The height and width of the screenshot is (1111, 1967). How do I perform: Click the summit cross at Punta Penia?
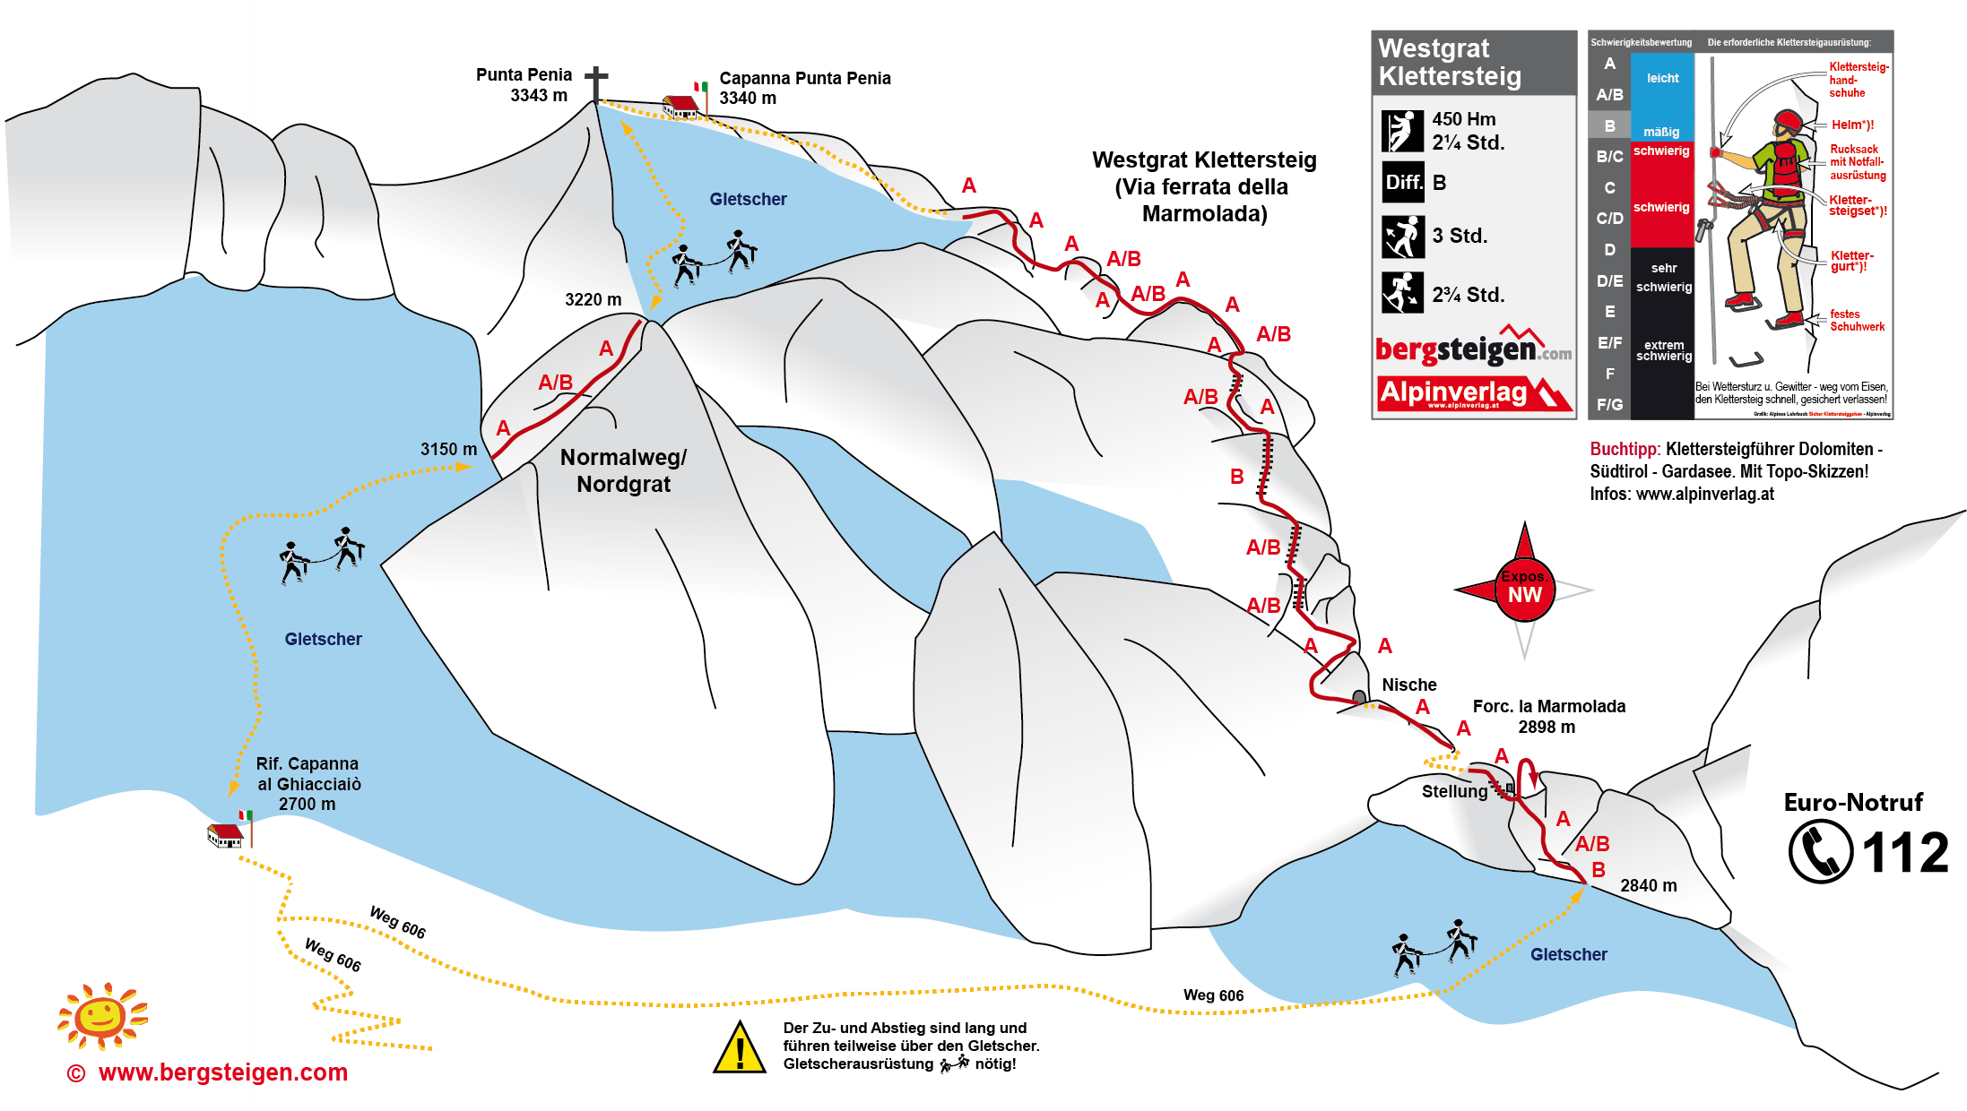(x=596, y=84)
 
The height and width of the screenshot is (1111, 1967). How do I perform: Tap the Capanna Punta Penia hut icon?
(x=680, y=107)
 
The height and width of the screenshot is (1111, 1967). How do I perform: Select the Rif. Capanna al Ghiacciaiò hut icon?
(x=225, y=835)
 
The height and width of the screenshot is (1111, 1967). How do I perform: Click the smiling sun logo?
(x=101, y=1016)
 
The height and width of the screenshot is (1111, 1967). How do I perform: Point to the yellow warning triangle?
(x=739, y=1048)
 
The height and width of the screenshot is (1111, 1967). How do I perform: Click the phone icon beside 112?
(x=1820, y=852)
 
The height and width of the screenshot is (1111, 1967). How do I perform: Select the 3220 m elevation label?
(x=593, y=299)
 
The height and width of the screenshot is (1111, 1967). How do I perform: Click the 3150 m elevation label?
(x=448, y=449)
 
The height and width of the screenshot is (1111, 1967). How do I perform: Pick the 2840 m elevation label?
(x=1648, y=885)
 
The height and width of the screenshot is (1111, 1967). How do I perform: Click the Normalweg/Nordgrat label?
(x=623, y=470)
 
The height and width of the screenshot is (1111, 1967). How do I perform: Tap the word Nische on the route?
(x=1408, y=685)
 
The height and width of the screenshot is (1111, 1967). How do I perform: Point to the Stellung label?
(x=1454, y=791)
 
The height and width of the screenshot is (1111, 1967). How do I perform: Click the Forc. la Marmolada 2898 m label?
(x=1548, y=716)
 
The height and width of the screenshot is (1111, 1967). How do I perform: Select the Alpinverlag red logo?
(x=1473, y=393)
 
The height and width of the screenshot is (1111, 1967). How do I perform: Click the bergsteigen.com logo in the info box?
(x=1473, y=349)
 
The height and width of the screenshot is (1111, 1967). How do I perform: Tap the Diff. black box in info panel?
(x=1402, y=183)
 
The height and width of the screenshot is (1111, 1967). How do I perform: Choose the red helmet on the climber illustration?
(x=1787, y=120)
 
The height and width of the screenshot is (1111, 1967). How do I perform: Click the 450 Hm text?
(x=1463, y=119)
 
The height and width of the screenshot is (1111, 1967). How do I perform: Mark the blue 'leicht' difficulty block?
(x=1662, y=79)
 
